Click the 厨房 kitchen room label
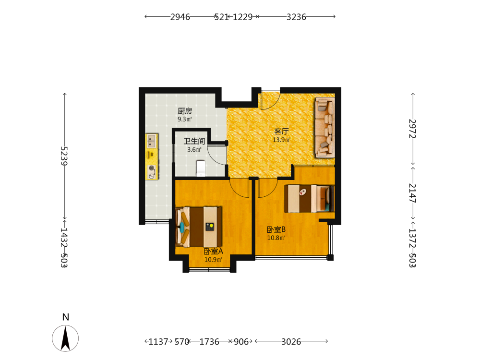(x=185, y=111)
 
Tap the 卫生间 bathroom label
(x=194, y=141)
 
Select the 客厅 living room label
(x=281, y=132)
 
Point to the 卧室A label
(x=214, y=252)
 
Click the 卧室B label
(x=276, y=229)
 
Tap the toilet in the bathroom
(x=201, y=168)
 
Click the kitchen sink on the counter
(x=151, y=141)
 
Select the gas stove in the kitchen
(x=152, y=172)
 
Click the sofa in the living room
(x=325, y=127)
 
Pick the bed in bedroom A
(x=199, y=227)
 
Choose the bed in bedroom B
(x=309, y=198)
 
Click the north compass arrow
(x=65, y=338)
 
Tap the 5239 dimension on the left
(x=64, y=156)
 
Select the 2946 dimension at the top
(x=180, y=17)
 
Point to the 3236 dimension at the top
(x=296, y=17)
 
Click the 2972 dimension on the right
(x=413, y=129)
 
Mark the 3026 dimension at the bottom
(x=291, y=342)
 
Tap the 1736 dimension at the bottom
(x=209, y=342)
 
